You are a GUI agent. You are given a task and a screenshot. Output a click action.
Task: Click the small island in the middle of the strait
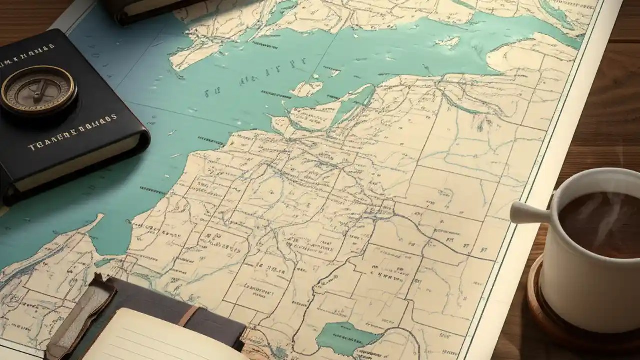click(306, 89)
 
